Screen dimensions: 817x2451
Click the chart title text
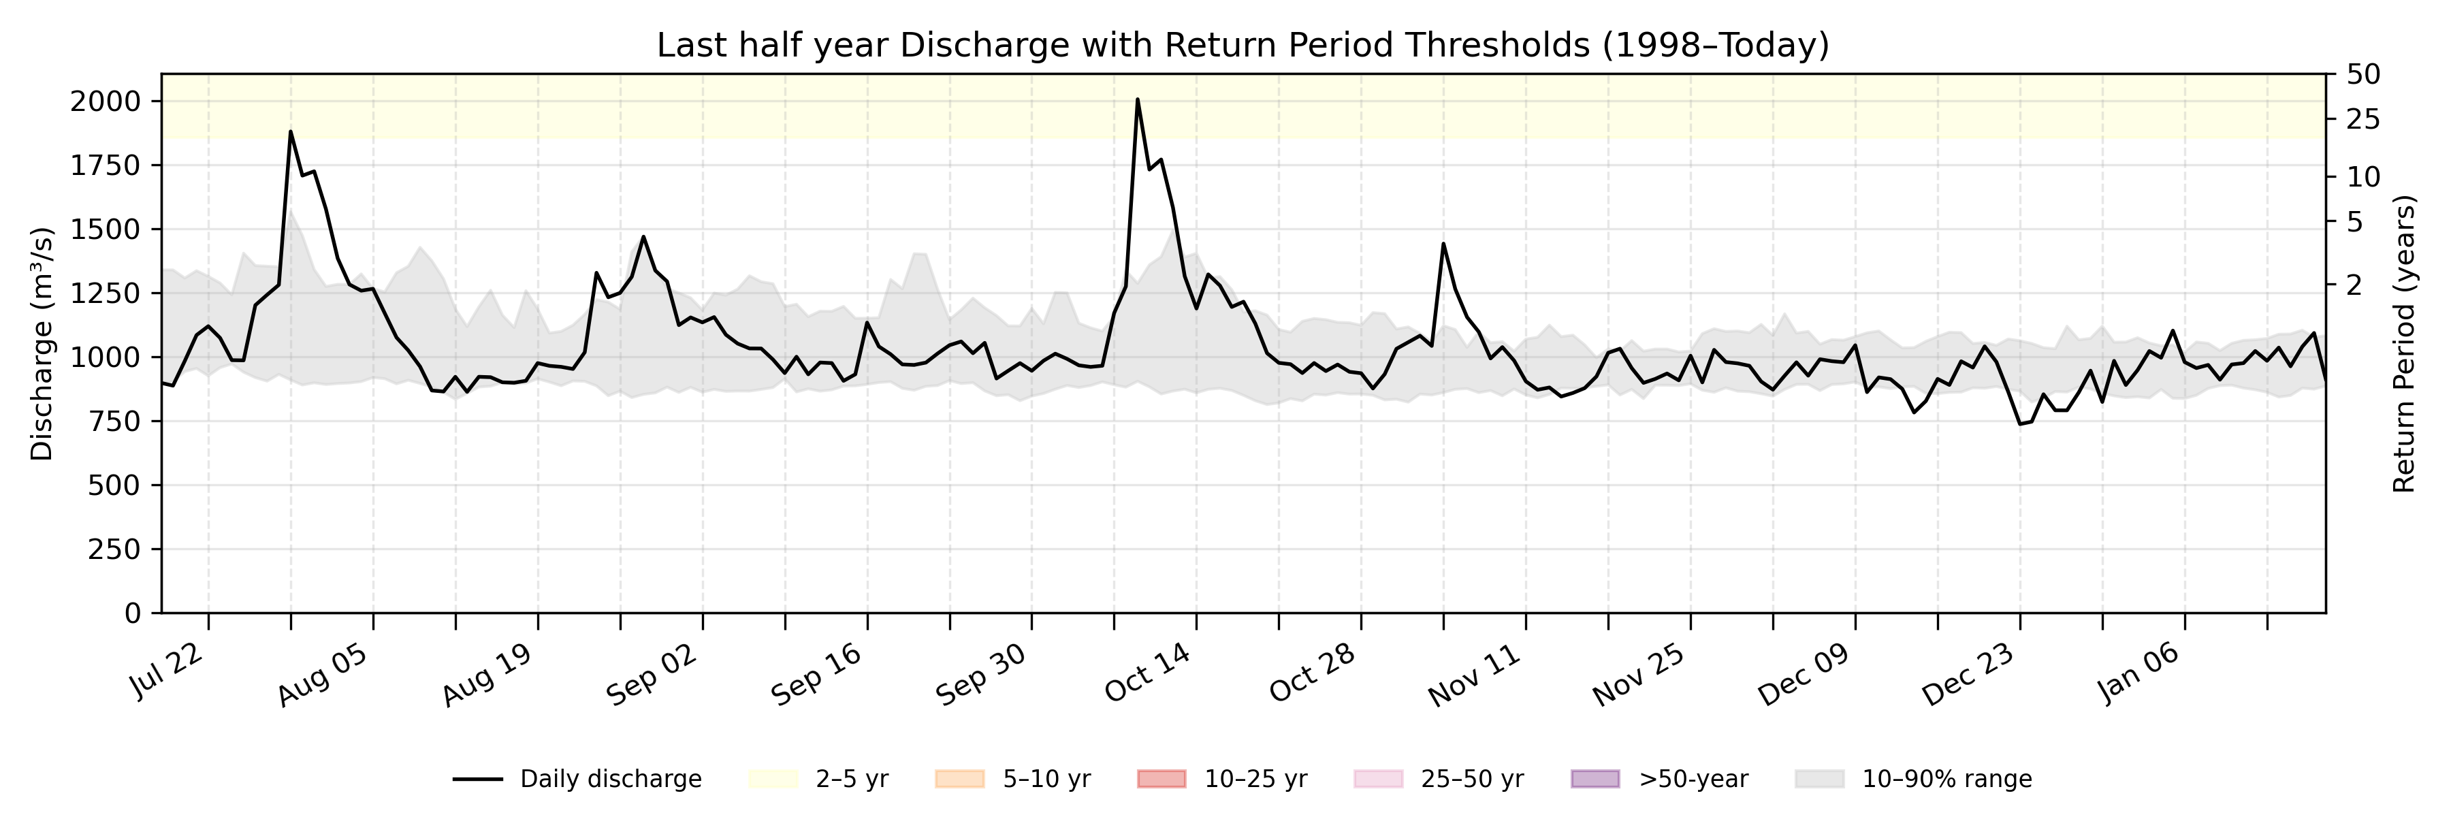(x=1243, y=45)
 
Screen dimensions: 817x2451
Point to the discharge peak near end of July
(x=290, y=132)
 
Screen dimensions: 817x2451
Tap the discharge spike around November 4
(x=1443, y=244)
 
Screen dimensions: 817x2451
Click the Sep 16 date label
(x=816, y=673)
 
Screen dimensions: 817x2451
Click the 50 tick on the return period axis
(x=2363, y=74)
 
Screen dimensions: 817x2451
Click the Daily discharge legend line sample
(x=478, y=779)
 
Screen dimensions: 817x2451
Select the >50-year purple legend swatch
(x=1595, y=779)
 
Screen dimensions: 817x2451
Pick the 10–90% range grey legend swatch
(x=1819, y=779)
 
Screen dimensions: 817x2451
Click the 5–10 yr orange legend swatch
(x=959, y=779)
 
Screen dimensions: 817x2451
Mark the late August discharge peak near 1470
(x=643, y=237)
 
